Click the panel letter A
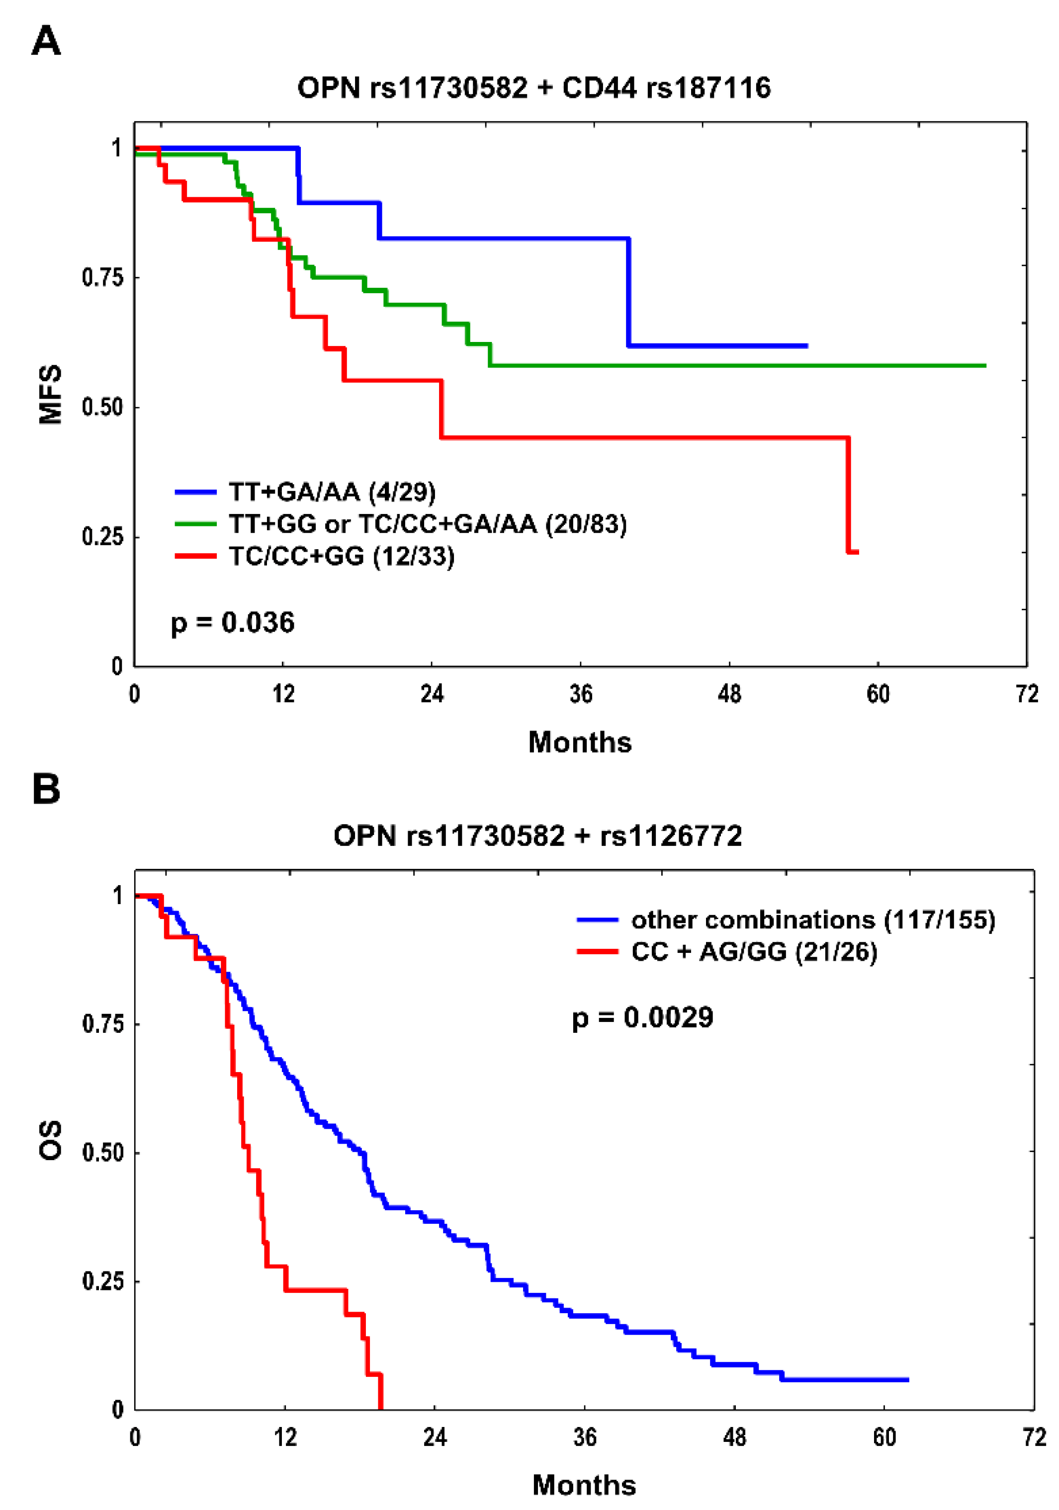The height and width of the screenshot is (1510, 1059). point(46,41)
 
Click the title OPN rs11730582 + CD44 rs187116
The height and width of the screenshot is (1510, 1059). point(533,88)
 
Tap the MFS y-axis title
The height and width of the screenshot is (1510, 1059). point(51,395)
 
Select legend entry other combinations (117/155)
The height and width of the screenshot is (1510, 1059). point(812,920)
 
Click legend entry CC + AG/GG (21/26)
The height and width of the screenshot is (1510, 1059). point(754,952)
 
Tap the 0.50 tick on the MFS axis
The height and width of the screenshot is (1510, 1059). point(102,407)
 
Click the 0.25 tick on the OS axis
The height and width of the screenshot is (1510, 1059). point(102,1281)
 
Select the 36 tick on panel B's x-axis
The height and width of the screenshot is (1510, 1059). point(584,1437)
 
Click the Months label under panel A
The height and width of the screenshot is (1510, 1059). point(580,743)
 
